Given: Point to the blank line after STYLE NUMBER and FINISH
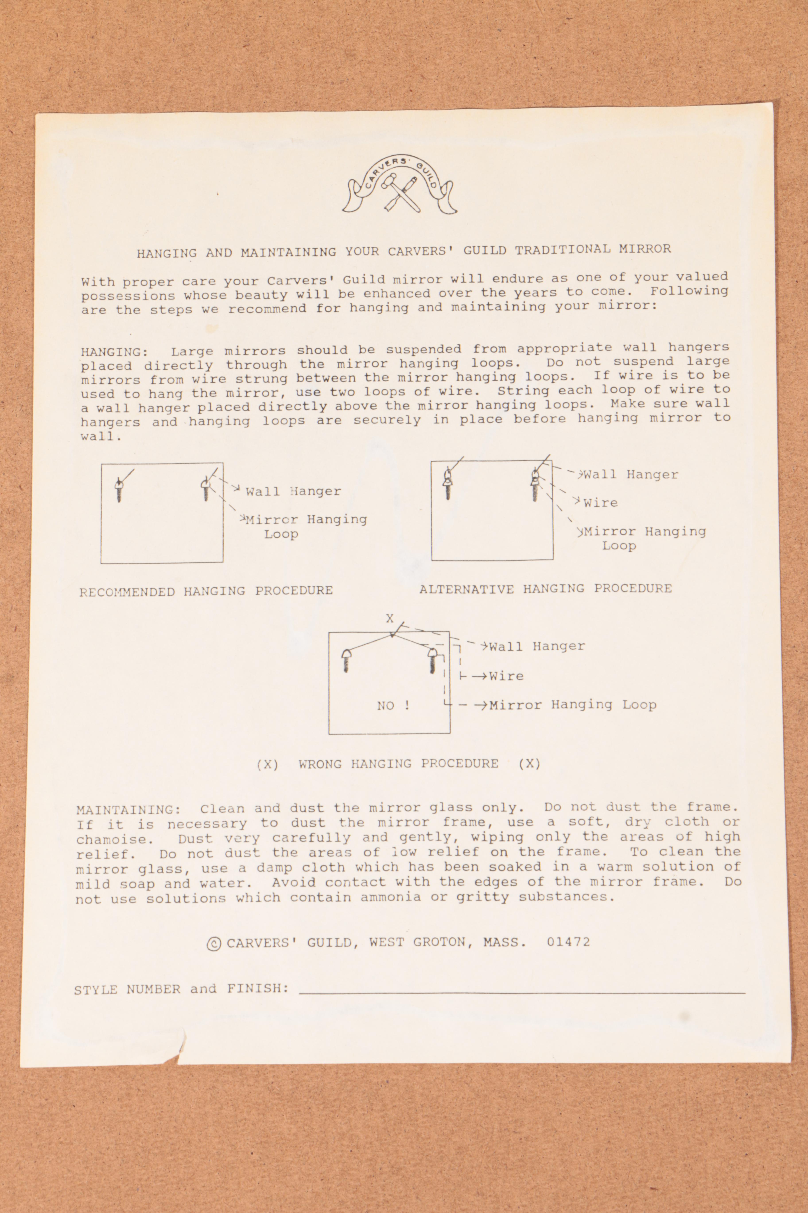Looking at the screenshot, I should pos(521,990).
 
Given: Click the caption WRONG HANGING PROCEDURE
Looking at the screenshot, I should pos(398,764).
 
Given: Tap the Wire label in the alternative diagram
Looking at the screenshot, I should pos(600,503).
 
